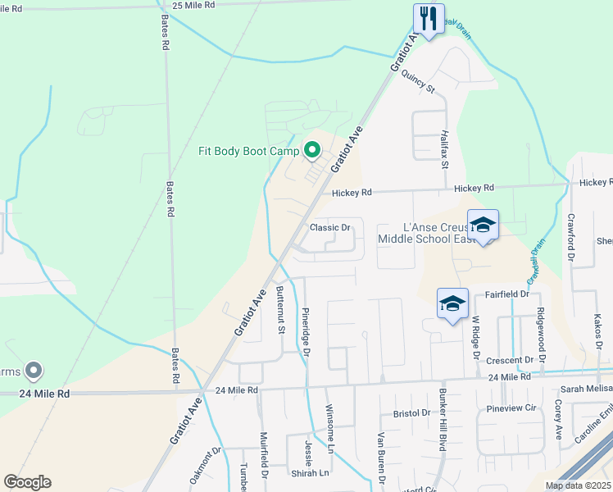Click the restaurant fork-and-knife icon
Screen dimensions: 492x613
click(428, 17)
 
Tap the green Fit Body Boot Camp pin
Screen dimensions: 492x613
click(311, 150)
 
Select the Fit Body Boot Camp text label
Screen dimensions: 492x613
click(248, 151)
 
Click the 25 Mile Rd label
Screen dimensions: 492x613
click(193, 5)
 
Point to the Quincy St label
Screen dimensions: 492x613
click(417, 80)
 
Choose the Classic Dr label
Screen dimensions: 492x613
click(330, 227)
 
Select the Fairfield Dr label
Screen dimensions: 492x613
click(507, 294)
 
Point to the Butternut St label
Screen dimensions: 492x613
click(280, 310)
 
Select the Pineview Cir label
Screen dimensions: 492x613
click(511, 407)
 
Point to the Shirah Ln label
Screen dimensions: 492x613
click(311, 473)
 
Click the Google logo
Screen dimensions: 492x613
click(27, 482)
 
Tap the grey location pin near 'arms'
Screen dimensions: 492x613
click(34, 371)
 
